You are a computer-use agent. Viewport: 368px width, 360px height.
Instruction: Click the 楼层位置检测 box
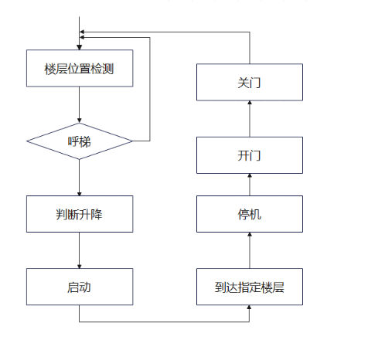[80, 68]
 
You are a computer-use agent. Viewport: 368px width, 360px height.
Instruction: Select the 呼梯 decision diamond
[80, 141]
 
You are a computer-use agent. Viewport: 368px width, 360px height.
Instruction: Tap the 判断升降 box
[80, 214]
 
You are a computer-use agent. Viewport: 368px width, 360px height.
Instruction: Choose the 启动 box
[80, 287]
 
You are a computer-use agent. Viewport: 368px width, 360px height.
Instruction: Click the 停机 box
[250, 214]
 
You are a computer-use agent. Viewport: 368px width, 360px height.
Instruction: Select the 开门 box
[250, 155]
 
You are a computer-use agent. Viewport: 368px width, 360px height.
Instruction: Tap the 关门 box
[250, 82]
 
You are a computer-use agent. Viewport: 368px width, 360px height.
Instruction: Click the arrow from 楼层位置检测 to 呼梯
[80, 104]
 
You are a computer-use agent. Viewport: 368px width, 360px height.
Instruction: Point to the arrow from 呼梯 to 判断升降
[80, 177]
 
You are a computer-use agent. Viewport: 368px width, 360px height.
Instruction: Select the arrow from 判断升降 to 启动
[80, 250]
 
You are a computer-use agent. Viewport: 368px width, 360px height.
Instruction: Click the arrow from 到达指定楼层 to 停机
[250, 250]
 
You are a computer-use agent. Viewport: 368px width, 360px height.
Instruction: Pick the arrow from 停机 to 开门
[250, 185]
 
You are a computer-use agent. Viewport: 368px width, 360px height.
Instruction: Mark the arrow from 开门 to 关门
[250, 119]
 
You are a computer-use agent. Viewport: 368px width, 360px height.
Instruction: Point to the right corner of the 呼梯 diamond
[132, 141]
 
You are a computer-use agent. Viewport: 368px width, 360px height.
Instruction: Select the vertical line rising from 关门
[250, 48]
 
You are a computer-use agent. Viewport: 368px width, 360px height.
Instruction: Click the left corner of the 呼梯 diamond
[28, 141]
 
